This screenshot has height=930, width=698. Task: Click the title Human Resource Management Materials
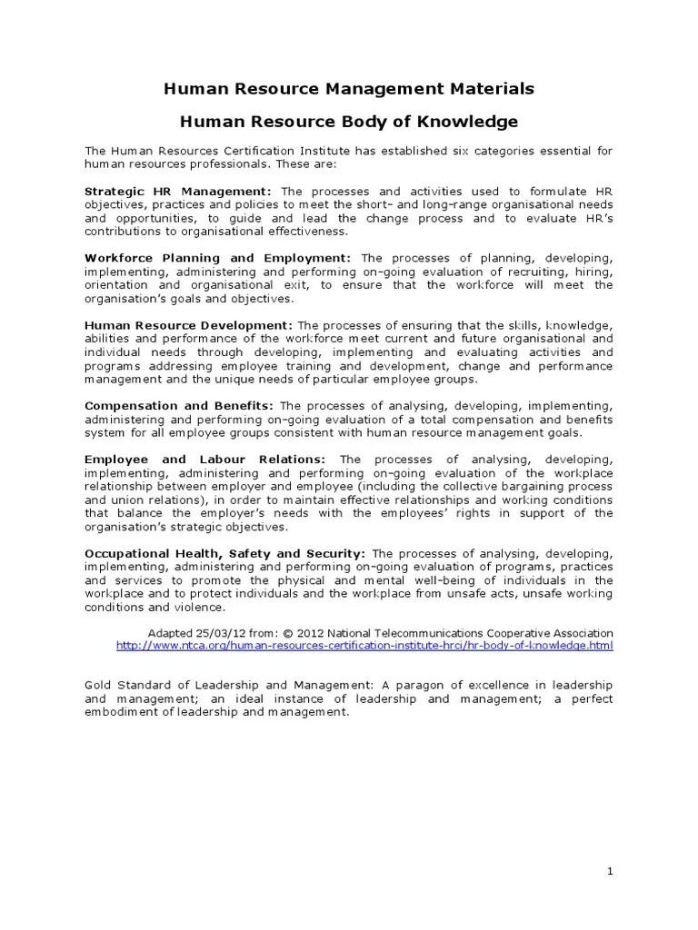click(x=348, y=88)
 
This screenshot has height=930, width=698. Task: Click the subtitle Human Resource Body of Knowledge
click(x=348, y=121)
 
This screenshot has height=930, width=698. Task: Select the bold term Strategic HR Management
click(x=178, y=192)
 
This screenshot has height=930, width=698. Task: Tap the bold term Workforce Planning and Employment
click(x=217, y=258)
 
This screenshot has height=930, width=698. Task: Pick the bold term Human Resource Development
click(x=188, y=325)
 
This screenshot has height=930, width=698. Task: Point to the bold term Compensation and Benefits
click(x=179, y=405)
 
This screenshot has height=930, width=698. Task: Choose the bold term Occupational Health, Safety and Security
click(x=224, y=552)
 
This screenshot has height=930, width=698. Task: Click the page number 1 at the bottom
click(x=611, y=871)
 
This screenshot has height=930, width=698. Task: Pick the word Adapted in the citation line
click(x=169, y=632)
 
